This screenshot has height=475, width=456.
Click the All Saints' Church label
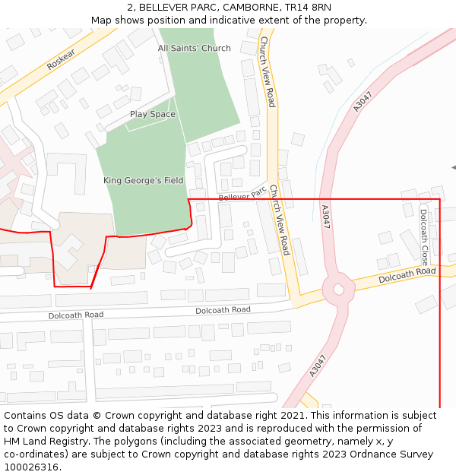pos(194,49)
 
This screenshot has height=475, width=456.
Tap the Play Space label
pos(152,115)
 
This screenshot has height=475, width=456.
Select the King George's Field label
pos(143,181)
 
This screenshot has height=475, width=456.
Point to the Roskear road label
pos(61,61)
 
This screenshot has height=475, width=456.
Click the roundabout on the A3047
pos(338,289)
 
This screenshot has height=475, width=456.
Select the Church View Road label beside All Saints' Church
pos(267,71)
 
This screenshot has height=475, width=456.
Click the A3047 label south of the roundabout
pos(318,366)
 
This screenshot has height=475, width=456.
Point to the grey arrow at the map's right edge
pos(453,167)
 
